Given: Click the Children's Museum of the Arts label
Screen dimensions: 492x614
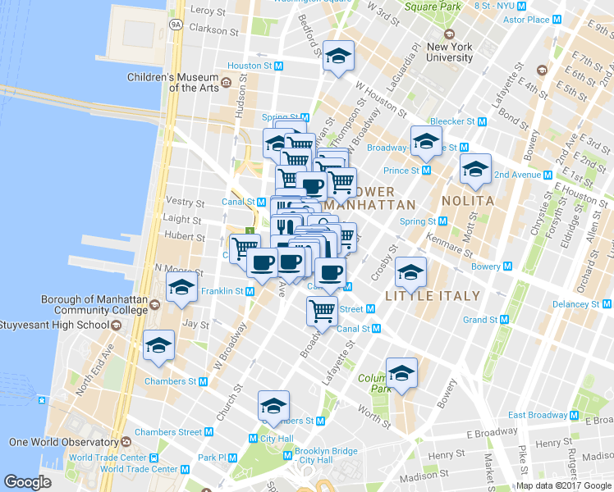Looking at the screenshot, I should [x=174, y=83].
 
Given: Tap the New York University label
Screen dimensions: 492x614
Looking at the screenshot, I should [x=449, y=52].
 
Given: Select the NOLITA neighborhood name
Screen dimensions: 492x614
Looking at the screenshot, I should [x=468, y=201].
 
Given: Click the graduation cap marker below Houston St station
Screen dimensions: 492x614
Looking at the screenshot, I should [x=338, y=57].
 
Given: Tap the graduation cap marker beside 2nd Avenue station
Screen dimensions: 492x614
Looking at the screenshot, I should [x=475, y=170].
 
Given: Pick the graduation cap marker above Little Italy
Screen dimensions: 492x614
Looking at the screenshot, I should [x=410, y=272].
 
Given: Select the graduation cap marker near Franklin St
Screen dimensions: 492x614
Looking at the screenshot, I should [x=181, y=287].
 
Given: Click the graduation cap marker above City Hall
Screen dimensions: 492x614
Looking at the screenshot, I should [x=273, y=406].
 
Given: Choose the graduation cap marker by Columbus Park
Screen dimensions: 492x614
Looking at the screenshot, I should [x=401, y=373].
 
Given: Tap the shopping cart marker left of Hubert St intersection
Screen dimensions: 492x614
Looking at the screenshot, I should [x=245, y=248].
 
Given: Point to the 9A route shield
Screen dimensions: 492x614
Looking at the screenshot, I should [x=176, y=25].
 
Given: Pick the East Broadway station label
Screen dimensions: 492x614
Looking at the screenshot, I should [x=545, y=415].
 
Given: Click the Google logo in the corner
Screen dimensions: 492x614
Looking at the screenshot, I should [x=28, y=481].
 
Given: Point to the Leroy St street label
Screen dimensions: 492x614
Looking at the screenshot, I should [x=207, y=11].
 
